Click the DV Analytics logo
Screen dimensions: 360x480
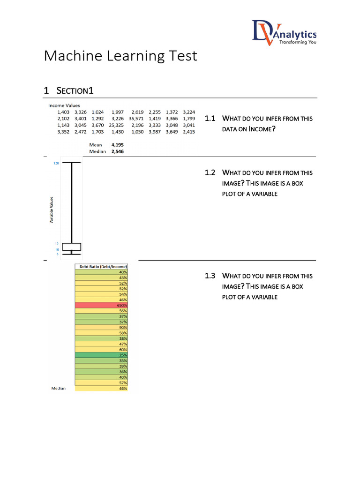[x=284, y=33]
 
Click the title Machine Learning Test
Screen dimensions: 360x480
[x=120, y=56]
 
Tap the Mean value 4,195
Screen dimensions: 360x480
[x=118, y=145]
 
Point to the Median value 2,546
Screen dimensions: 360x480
[x=118, y=152]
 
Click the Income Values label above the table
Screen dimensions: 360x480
[x=64, y=105]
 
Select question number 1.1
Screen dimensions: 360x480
[x=210, y=119]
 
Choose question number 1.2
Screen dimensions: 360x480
[x=210, y=173]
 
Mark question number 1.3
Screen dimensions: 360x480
[x=210, y=276]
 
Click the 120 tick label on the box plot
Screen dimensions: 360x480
[x=56, y=164]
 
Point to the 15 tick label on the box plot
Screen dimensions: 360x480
[x=56, y=244]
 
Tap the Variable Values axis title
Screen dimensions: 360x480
[x=52, y=210]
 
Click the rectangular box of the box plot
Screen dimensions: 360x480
[x=72, y=247]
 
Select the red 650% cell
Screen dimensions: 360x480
[x=101, y=305]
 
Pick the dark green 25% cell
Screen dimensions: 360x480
[x=101, y=355]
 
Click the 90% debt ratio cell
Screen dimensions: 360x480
[x=101, y=327]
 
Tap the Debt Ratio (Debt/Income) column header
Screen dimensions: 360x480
[x=101, y=267]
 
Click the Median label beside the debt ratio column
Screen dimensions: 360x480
[x=59, y=389]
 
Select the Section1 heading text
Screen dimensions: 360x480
[x=75, y=90]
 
